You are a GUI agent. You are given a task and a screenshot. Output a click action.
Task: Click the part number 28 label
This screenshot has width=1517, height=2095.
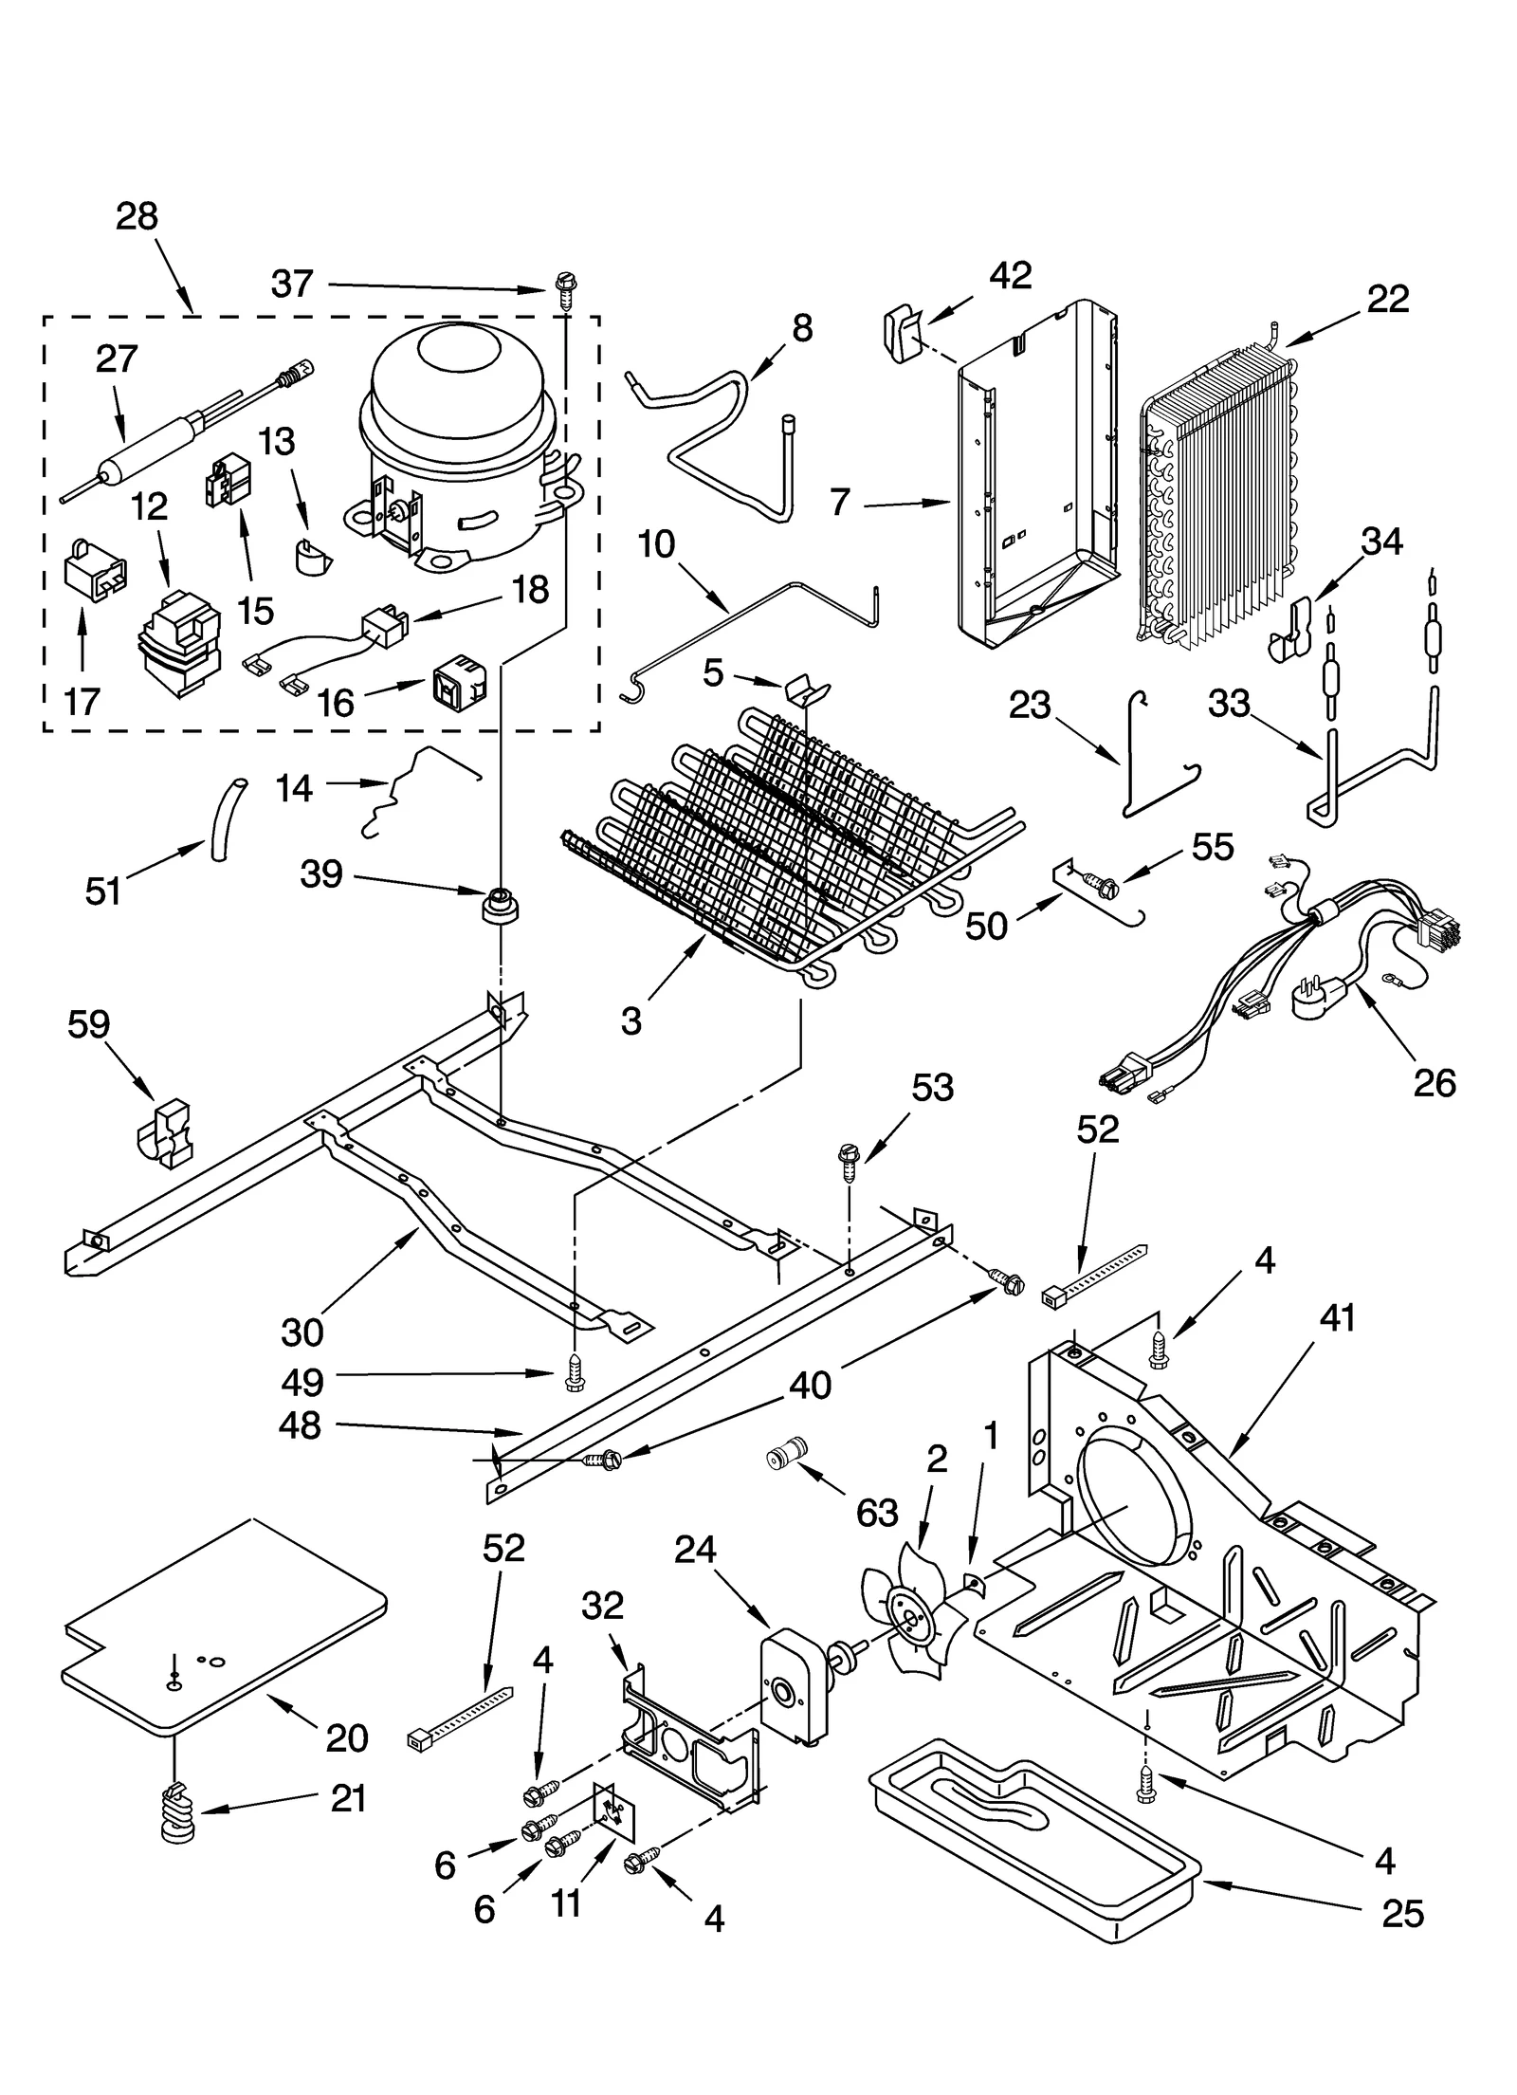pos(137,217)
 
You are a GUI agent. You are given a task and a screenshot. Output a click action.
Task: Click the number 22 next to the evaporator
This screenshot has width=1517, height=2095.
pos(1387,299)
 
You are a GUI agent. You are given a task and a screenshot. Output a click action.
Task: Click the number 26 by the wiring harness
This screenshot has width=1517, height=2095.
pos(1434,1082)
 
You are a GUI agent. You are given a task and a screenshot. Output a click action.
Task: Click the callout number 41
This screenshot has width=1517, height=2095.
pos(1337,1317)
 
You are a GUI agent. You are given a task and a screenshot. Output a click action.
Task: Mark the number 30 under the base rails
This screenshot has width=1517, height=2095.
pos(302,1332)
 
